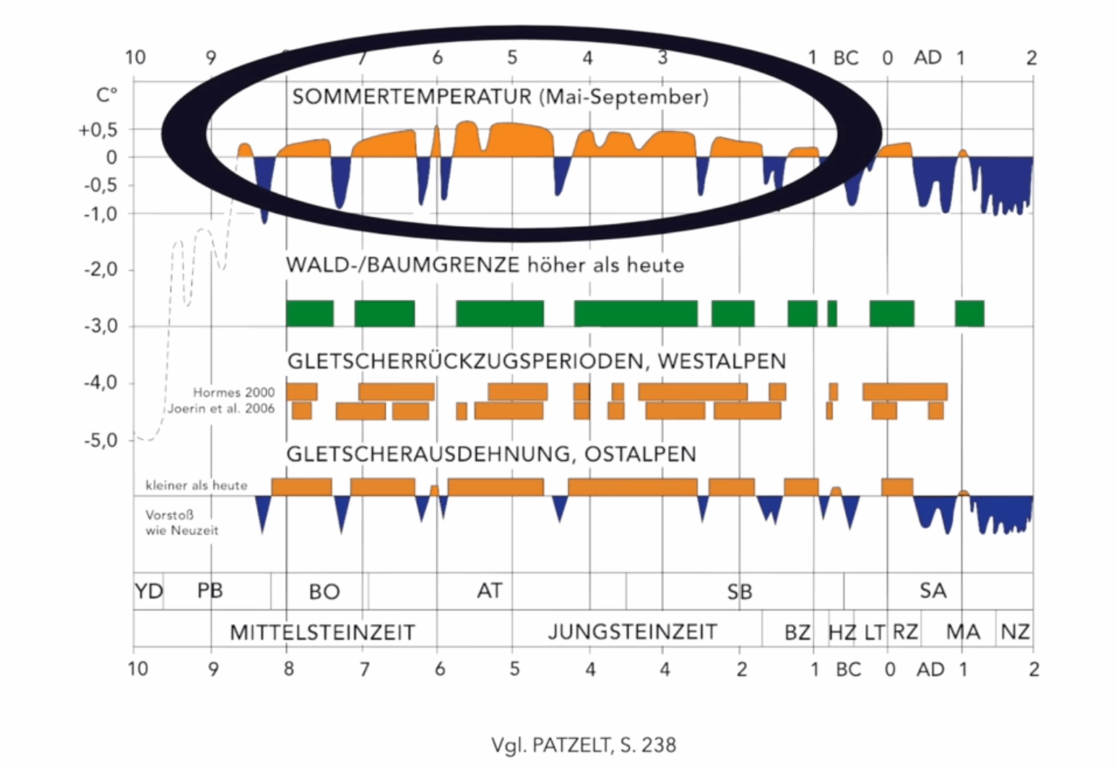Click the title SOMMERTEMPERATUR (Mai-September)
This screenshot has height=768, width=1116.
(x=500, y=97)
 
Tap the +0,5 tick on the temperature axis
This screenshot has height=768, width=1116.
(x=98, y=130)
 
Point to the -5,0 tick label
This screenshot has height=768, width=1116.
(x=100, y=440)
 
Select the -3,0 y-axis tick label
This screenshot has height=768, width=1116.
(x=100, y=327)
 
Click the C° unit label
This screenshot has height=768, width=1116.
(x=107, y=95)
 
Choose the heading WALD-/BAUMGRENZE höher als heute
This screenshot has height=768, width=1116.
(x=485, y=265)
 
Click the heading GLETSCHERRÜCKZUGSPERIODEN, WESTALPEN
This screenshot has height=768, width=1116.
(x=536, y=361)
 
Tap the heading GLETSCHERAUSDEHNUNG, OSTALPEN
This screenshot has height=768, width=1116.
(x=491, y=454)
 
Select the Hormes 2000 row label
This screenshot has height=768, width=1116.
(x=233, y=392)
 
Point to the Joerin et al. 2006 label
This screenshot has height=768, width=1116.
(x=221, y=409)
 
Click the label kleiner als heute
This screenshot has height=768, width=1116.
(x=196, y=486)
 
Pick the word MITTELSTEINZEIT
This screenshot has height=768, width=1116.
(x=322, y=633)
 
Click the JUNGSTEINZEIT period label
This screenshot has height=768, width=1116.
(x=632, y=632)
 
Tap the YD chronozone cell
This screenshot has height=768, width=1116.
(x=149, y=592)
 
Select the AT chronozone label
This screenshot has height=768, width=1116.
(x=489, y=591)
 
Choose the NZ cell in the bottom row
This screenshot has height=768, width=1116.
(x=1015, y=632)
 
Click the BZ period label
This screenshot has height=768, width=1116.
(x=797, y=633)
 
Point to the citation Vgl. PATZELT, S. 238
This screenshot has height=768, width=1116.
(x=584, y=745)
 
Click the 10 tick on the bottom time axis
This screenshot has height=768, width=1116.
(x=137, y=669)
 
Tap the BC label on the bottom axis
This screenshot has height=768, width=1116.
(x=849, y=670)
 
